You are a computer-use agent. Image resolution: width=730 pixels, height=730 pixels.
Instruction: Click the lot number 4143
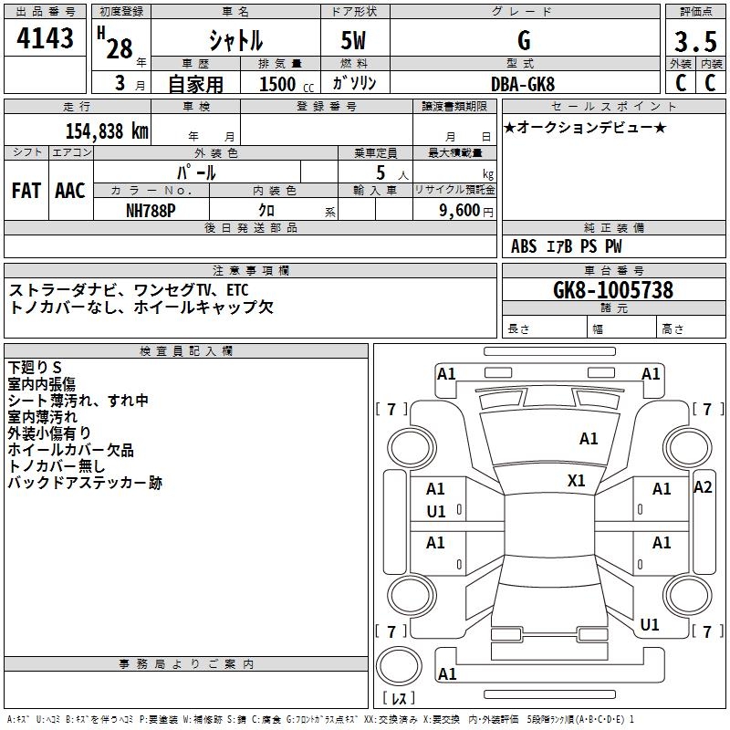pyautogui.click(x=45, y=40)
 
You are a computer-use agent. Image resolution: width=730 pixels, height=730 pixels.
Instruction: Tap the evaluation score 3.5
pyautogui.click(x=694, y=43)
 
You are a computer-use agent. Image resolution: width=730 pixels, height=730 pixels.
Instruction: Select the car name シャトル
pyautogui.click(x=235, y=41)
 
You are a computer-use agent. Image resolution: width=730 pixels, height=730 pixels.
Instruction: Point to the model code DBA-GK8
pyautogui.click(x=523, y=83)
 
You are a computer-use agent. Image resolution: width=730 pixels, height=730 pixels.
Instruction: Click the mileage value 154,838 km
pyautogui.click(x=107, y=130)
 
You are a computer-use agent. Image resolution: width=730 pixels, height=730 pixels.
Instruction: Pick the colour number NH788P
pyautogui.click(x=151, y=209)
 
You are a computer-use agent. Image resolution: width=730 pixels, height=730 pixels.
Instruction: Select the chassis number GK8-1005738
pyautogui.click(x=613, y=291)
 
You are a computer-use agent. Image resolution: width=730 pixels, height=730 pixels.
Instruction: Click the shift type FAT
pyautogui.click(x=26, y=191)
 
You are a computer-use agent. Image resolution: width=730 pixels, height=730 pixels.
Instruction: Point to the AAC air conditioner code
pyautogui.click(x=70, y=191)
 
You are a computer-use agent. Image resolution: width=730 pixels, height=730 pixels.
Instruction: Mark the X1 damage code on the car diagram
pyautogui.click(x=577, y=480)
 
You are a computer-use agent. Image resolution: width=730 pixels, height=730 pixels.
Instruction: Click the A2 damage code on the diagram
pyautogui.click(x=703, y=486)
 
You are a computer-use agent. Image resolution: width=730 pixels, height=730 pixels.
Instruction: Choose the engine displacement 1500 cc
pyautogui.click(x=284, y=84)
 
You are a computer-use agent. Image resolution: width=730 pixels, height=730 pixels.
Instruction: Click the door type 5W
pyautogui.click(x=355, y=42)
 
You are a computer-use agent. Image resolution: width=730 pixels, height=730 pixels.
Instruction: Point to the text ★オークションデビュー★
pyautogui.click(x=585, y=127)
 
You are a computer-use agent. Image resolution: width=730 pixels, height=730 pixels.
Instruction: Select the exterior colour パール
pyautogui.click(x=196, y=172)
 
